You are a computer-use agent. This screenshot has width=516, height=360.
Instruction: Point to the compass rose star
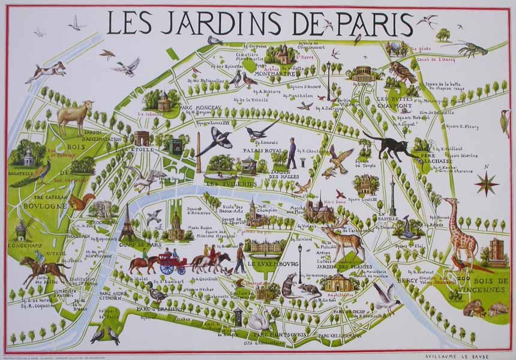pyautogui.click(x=486, y=183)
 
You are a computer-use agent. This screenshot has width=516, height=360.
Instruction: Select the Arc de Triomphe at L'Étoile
pyautogui.click(x=142, y=139)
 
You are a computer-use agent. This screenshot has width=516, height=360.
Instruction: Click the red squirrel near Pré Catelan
pyautogui.click(x=80, y=201)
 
